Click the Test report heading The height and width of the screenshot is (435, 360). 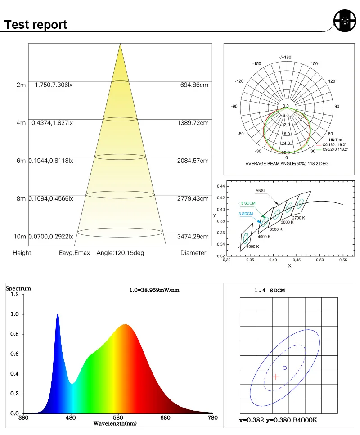[x=36, y=24]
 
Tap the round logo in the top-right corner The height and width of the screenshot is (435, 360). [x=345, y=20]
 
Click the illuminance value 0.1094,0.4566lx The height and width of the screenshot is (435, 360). [x=51, y=199]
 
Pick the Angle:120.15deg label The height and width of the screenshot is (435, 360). [x=120, y=253]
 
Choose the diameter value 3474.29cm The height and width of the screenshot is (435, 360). [x=192, y=237]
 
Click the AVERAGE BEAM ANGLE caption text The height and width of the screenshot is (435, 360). [x=287, y=164]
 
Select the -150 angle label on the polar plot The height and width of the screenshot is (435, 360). [x=256, y=64]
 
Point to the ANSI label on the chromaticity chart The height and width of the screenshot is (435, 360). [x=260, y=191]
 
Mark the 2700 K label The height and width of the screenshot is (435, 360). [x=299, y=218]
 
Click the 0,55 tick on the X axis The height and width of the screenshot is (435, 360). [x=343, y=260]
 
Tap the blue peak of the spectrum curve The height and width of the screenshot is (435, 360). [x=58, y=315]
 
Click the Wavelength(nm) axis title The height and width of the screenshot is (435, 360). [x=115, y=424]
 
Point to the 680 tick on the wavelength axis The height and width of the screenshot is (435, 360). [x=166, y=418]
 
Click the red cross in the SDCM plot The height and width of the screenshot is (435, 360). [x=276, y=377]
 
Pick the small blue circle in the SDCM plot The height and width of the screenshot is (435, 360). [x=285, y=368]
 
